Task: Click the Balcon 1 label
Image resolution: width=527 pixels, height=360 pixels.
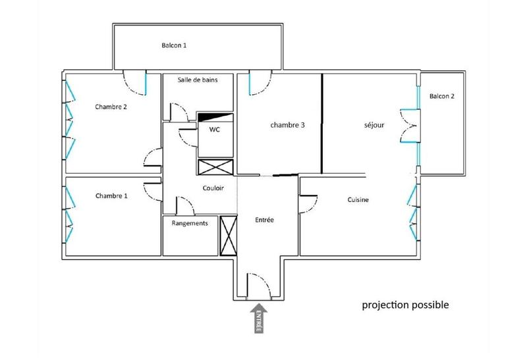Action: point(175,46)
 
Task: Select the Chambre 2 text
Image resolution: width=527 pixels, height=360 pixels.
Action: point(111,107)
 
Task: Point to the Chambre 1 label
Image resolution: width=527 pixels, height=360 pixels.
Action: point(111,195)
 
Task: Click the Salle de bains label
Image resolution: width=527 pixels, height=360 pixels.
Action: point(198,80)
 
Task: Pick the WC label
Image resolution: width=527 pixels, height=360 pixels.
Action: point(214,130)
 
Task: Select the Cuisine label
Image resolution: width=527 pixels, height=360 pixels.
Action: point(359,200)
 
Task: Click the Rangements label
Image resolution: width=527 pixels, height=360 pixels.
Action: point(190,223)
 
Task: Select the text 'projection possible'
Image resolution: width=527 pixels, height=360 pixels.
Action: point(405,305)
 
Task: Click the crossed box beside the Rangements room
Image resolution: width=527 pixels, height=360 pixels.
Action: point(229,235)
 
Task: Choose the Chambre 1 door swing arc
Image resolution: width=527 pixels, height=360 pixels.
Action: point(153,192)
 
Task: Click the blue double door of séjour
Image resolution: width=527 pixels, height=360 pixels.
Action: point(410,125)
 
